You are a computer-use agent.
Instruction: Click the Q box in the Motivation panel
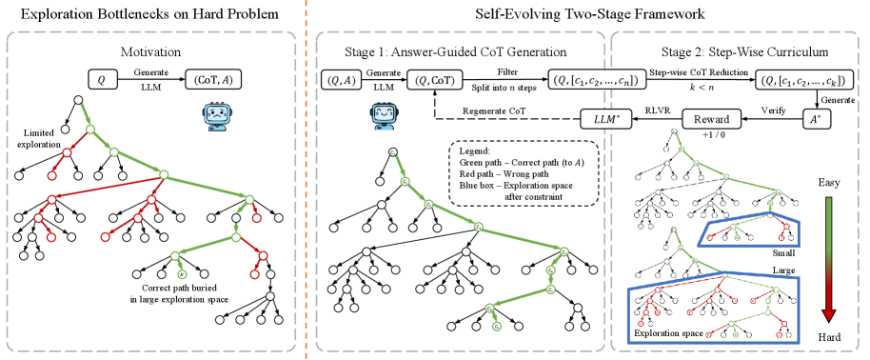click(102, 80)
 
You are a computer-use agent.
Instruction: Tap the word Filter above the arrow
click(510, 70)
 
